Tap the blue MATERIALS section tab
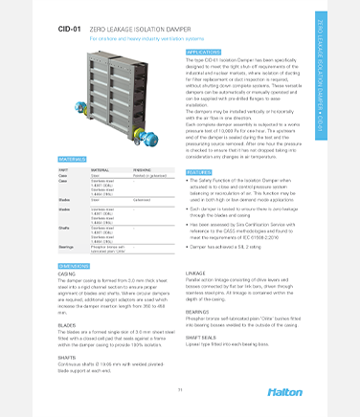(x=75, y=160)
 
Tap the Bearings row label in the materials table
(x=67, y=247)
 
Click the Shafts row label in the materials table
(x=65, y=227)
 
